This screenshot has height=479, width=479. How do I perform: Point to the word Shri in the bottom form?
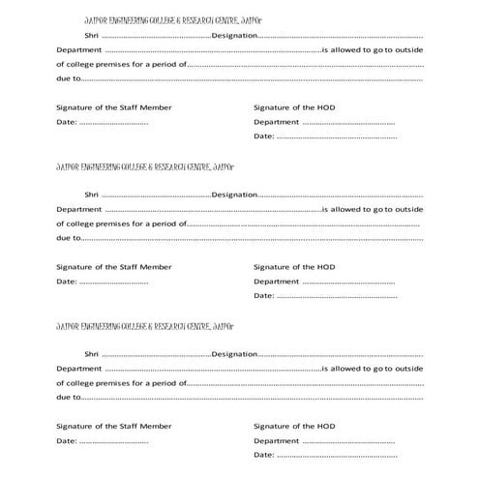pos(92,354)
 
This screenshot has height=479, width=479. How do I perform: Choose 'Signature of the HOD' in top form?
pos(294,107)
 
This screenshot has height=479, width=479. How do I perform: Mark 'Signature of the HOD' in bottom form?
pos(294,426)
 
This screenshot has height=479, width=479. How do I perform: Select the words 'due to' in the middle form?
pos(68,236)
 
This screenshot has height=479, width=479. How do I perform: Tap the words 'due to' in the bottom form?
pos(68,397)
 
